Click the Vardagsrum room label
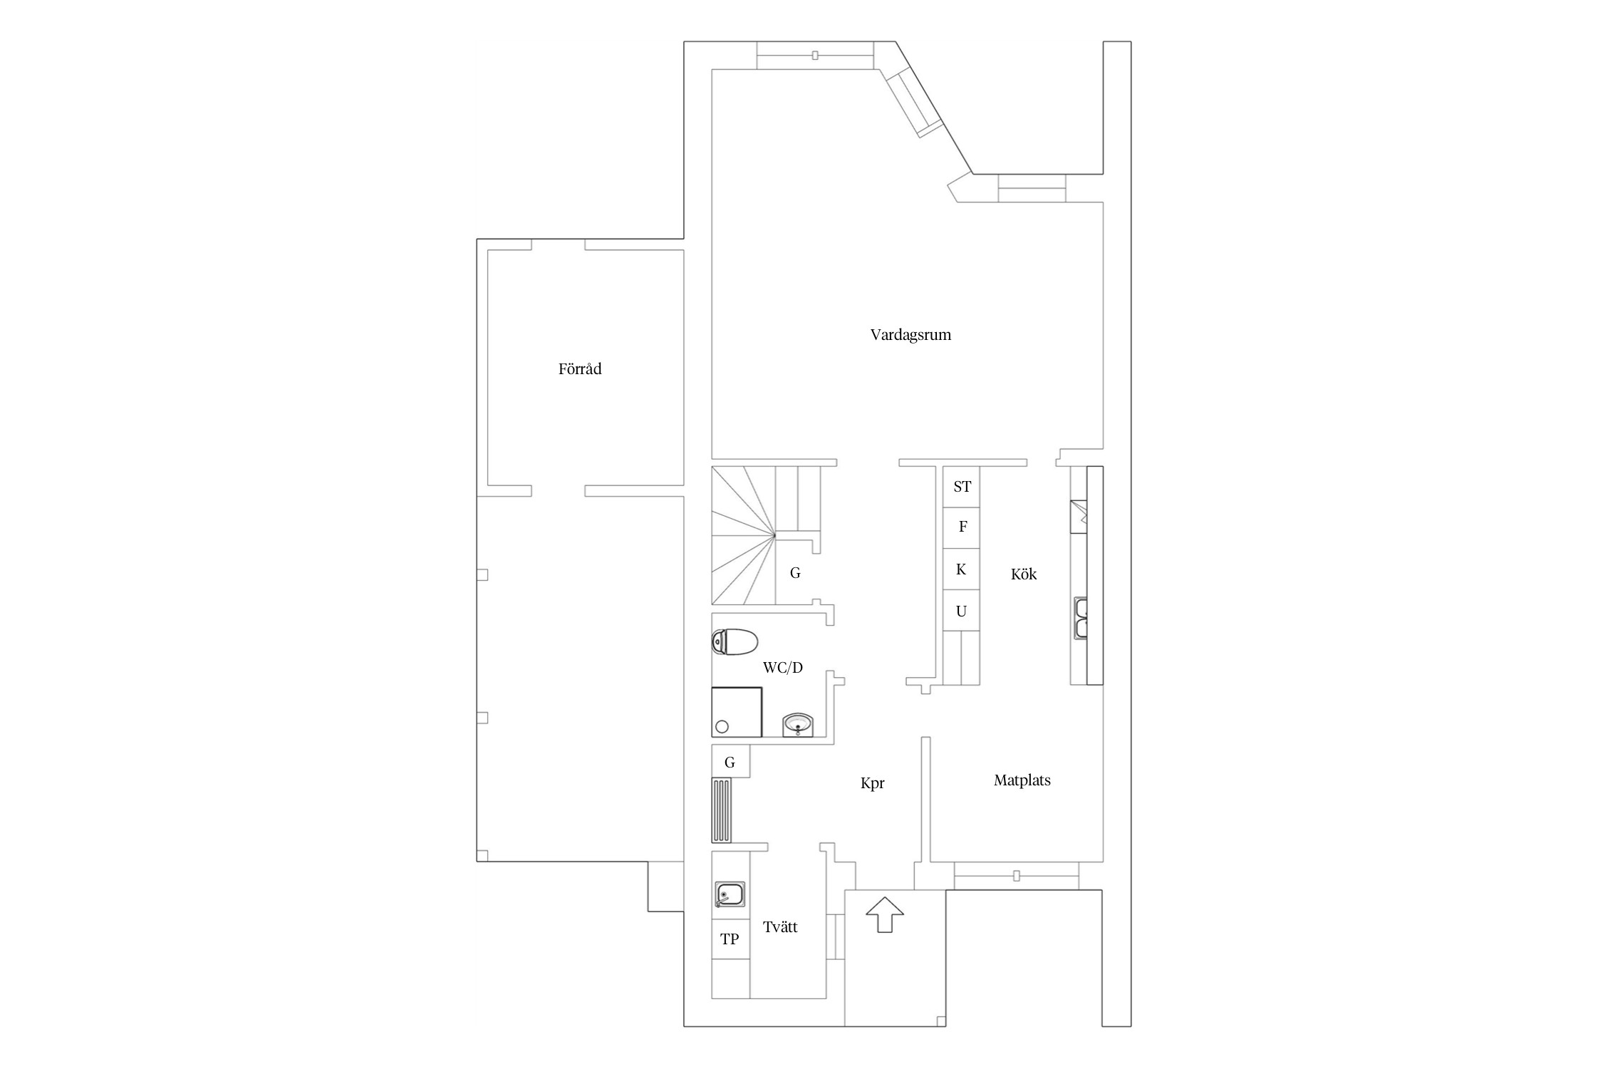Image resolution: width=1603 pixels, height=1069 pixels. tap(911, 335)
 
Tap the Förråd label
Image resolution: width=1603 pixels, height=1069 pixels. tap(580, 368)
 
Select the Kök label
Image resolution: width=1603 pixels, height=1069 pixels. tap(1024, 574)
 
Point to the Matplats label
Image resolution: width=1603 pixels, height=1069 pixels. tap(1022, 780)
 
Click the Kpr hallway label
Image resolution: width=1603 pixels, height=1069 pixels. tap(873, 783)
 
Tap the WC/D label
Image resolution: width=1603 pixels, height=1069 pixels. tap(783, 668)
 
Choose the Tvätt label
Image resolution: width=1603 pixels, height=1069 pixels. tap(780, 927)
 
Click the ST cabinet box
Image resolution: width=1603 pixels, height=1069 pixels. tap(961, 487)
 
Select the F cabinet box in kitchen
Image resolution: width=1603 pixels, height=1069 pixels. tap(961, 527)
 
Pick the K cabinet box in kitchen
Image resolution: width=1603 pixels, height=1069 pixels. tap(961, 569)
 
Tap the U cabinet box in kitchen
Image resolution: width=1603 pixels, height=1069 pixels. tap(961, 611)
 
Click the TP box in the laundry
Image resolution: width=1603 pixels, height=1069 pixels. tap(730, 939)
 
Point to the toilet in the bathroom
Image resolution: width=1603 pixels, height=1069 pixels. tap(735, 642)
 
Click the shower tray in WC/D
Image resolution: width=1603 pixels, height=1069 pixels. tap(737, 712)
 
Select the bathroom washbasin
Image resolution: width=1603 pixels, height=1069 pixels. tap(798, 725)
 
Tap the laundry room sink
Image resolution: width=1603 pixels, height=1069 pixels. tap(730, 894)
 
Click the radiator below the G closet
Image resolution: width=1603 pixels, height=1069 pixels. tap(721, 810)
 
